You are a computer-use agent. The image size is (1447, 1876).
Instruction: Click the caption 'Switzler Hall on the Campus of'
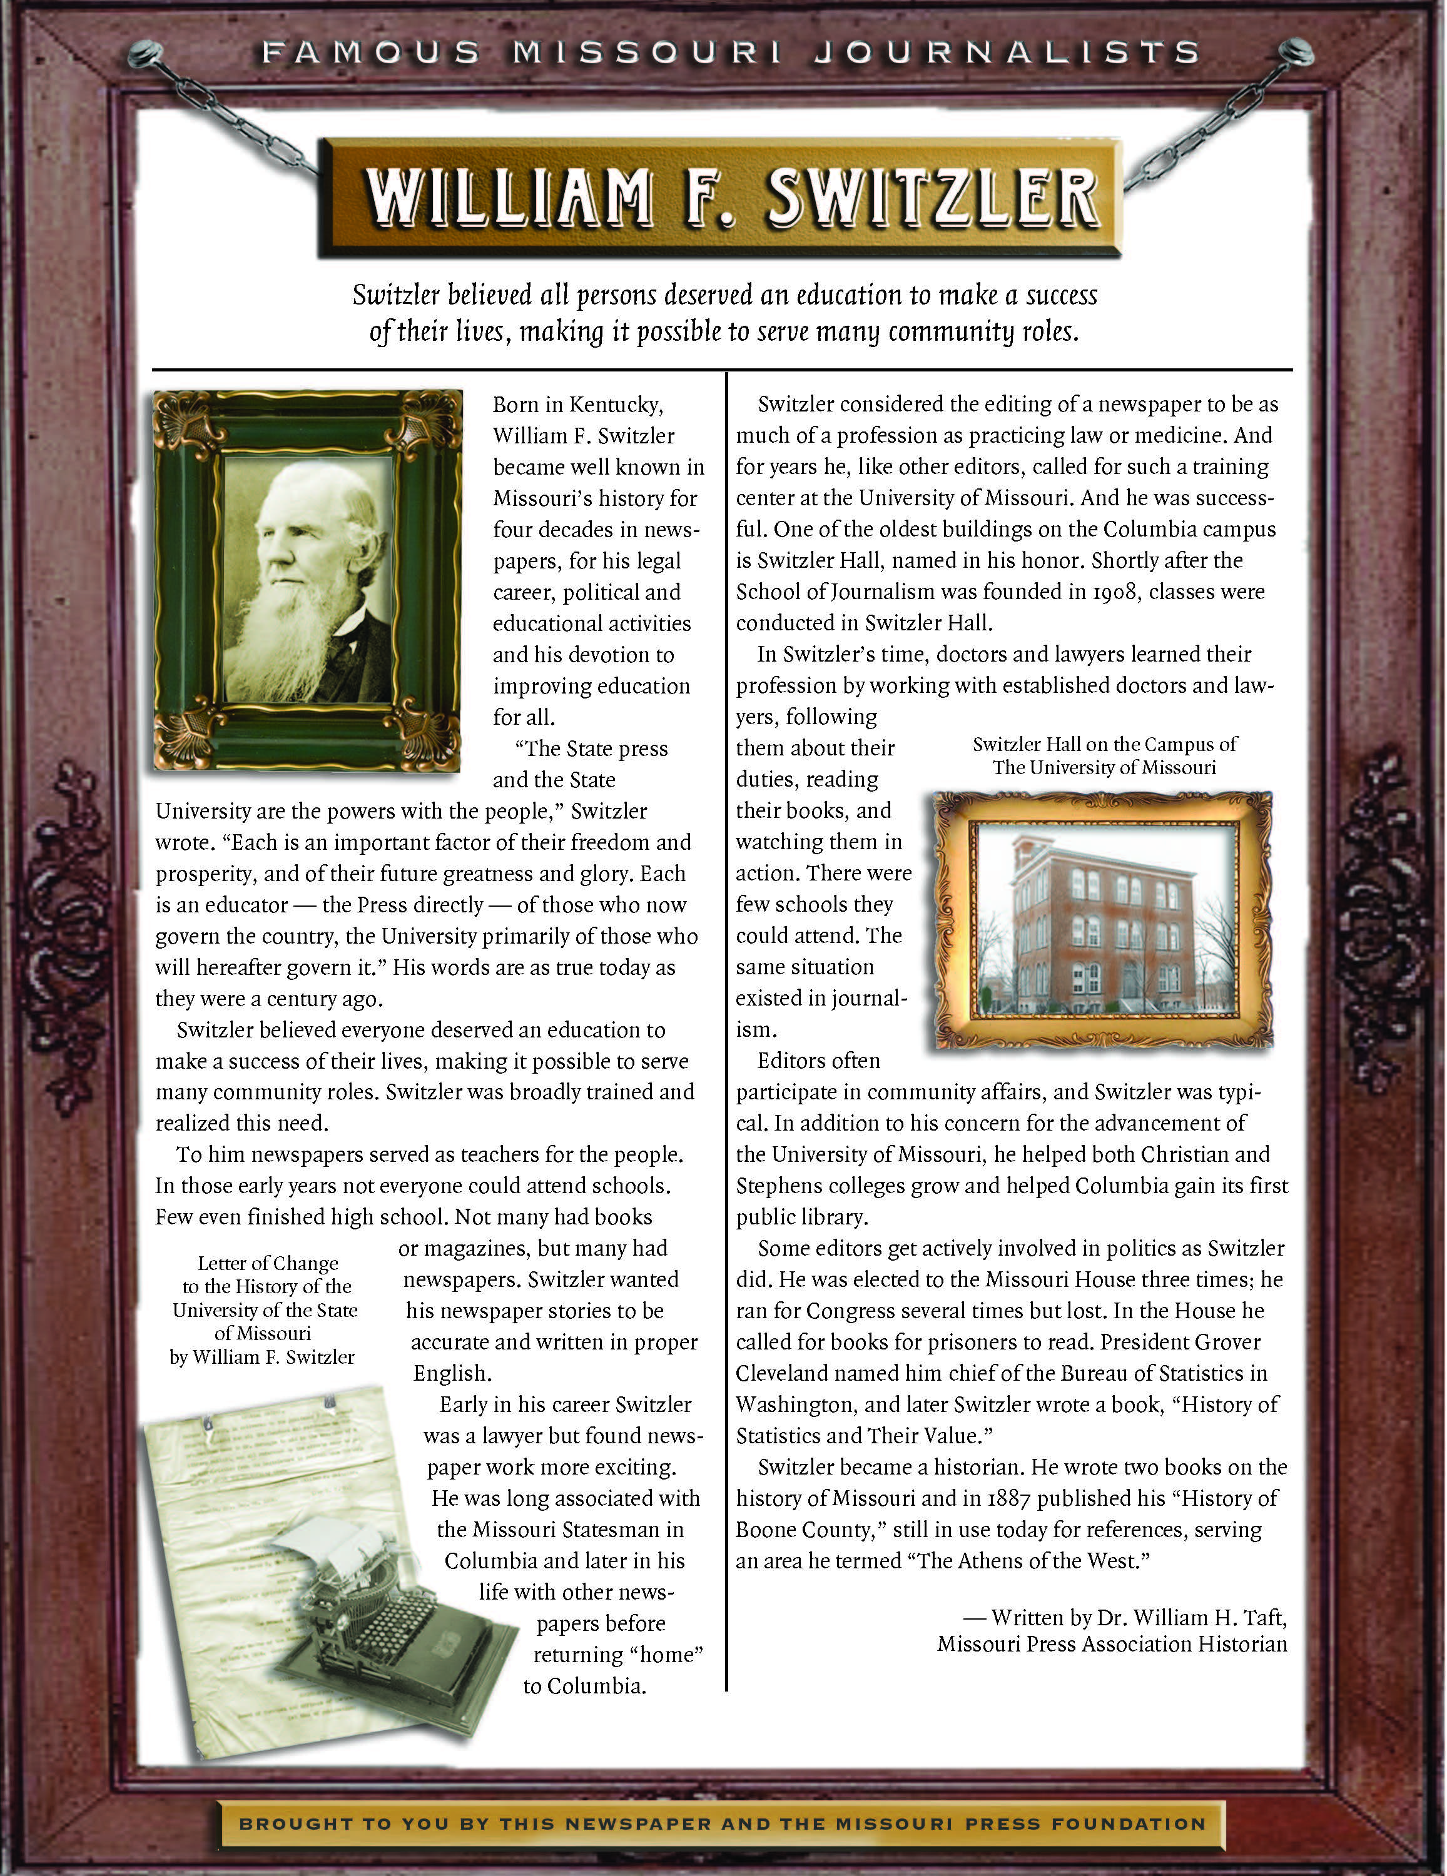1104,745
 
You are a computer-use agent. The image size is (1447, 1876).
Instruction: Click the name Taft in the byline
1263,1618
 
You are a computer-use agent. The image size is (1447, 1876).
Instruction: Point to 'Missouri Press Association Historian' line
1112,1644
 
